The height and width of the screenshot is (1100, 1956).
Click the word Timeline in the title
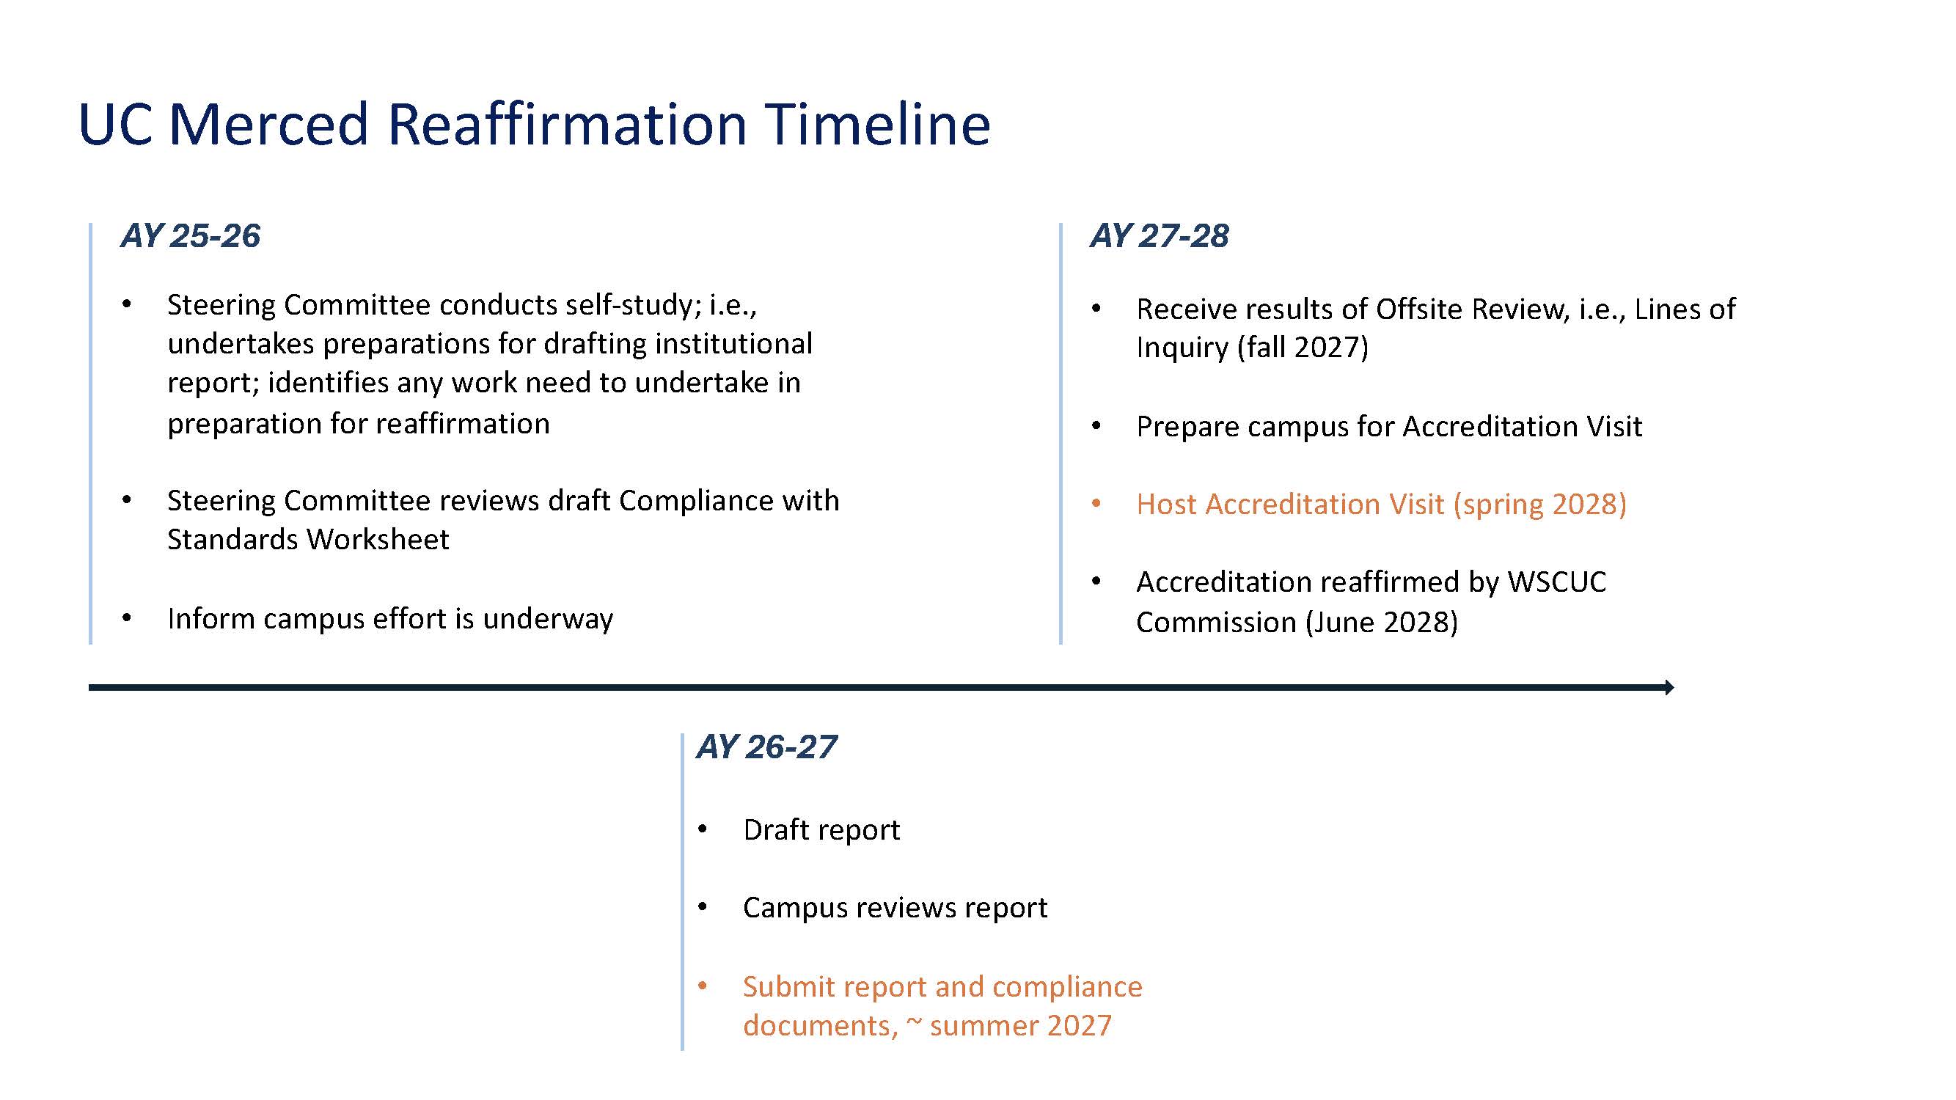[877, 124]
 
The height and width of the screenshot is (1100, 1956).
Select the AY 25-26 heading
[191, 236]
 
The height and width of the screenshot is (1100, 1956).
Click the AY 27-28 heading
[1160, 236]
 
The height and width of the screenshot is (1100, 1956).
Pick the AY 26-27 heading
[767, 747]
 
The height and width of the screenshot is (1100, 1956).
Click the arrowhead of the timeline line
[1670, 687]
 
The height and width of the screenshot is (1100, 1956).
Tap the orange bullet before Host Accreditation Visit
[1096, 503]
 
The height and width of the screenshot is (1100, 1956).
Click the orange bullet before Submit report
[703, 986]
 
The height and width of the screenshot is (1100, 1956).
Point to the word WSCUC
[1556, 582]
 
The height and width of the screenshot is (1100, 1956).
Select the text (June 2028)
[1381, 623]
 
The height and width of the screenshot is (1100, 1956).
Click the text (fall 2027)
[1303, 348]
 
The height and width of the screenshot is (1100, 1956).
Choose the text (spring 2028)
[1539, 505]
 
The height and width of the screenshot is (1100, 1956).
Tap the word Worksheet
[378, 539]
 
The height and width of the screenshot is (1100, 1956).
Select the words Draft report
[821, 829]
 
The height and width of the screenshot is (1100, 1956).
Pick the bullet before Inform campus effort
[127, 618]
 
